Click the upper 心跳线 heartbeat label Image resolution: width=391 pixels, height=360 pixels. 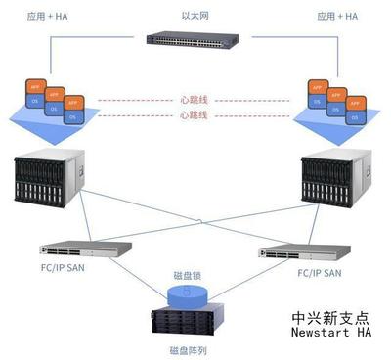(x=194, y=99)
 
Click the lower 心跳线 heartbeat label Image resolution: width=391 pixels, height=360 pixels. (x=194, y=115)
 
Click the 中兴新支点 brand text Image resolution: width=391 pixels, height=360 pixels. (x=331, y=318)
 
